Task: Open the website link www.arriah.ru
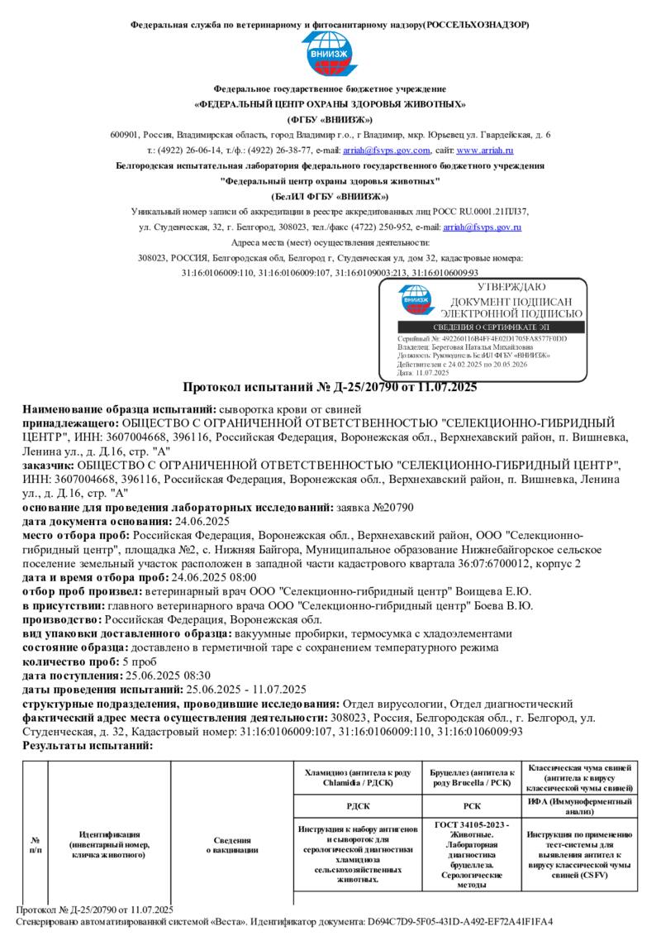pyautogui.click(x=485, y=150)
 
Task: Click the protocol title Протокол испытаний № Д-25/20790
pyautogui.click(x=330, y=386)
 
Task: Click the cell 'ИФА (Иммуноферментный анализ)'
pyautogui.click(x=580, y=806)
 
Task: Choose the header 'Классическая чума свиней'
pyautogui.click(x=580, y=777)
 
